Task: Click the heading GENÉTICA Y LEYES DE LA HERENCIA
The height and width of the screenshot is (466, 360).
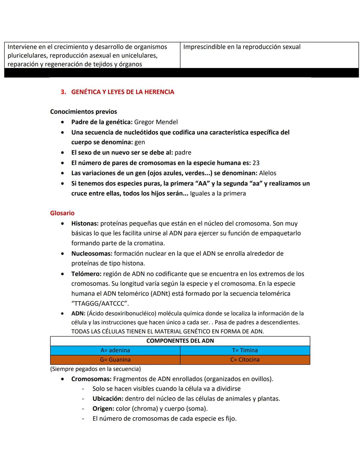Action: coord(122,92)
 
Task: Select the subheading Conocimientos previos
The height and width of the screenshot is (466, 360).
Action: coord(83,112)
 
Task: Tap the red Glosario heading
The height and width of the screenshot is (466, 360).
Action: coord(62,213)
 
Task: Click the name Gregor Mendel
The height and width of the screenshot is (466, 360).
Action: coord(156,122)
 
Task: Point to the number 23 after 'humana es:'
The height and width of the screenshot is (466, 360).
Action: coord(256,163)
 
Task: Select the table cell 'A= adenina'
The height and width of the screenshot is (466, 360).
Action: coord(115,350)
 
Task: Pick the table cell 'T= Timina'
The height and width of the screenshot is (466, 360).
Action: coord(245,350)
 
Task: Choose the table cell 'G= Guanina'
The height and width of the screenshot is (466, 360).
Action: coord(115,360)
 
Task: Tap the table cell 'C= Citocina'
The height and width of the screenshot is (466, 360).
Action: coord(245,360)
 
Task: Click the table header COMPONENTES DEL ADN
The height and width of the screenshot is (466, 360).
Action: coord(180,341)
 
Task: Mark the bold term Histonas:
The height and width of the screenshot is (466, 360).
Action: coord(85,223)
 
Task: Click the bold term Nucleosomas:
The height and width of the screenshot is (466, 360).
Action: coord(92,254)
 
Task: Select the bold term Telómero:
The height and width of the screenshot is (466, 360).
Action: coord(86,274)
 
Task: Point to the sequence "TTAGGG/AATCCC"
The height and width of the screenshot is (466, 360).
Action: coord(100,304)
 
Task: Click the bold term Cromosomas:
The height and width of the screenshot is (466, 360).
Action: coord(91,379)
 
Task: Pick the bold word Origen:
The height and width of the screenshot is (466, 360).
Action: coord(103,409)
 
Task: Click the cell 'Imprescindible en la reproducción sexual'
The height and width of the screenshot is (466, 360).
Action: coord(242,47)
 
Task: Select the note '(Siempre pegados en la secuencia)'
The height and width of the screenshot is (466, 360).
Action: coord(95,369)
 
